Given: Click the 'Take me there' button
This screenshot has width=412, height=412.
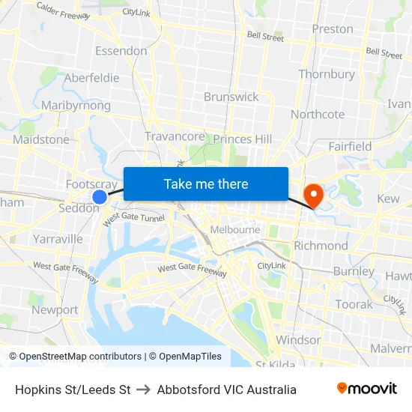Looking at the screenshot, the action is pyautogui.click(x=206, y=184).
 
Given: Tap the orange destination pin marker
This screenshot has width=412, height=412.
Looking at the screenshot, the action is pyautogui.click(x=312, y=195).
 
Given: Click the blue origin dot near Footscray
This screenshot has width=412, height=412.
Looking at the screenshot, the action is pyautogui.click(x=100, y=196).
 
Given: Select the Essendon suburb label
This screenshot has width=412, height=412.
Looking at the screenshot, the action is pyautogui.click(x=121, y=51).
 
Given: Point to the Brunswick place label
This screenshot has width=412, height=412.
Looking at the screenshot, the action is pyautogui.click(x=231, y=97).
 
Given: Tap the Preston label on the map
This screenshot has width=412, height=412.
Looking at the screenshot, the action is pyautogui.click(x=333, y=29).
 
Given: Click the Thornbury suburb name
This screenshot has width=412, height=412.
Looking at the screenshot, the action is pyautogui.click(x=327, y=74).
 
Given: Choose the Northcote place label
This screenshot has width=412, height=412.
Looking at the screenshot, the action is pyautogui.click(x=318, y=114).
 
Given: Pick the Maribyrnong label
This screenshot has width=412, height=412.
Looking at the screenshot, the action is pyautogui.click(x=76, y=106).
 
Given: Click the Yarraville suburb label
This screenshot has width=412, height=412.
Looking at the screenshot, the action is pyautogui.click(x=58, y=239).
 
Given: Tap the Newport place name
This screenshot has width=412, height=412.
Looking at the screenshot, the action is pyautogui.click(x=55, y=309).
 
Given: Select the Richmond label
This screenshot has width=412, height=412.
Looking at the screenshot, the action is pyautogui.click(x=321, y=246).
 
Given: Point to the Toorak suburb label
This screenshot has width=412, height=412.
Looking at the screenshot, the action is pyautogui.click(x=354, y=304).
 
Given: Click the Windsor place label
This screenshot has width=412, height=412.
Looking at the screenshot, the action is pyautogui.click(x=298, y=339).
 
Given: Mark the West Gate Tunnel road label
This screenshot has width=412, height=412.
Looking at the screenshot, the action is pyautogui.click(x=133, y=218).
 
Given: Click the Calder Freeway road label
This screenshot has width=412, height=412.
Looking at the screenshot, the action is pyautogui.click(x=63, y=10).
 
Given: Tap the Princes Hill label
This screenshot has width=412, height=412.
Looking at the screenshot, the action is pyautogui.click(x=243, y=139).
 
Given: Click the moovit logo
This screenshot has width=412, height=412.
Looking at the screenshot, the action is pyautogui.click(x=367, y=389).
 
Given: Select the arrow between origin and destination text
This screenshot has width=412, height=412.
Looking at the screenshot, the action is pyautogui.click(x=143, y=390).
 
